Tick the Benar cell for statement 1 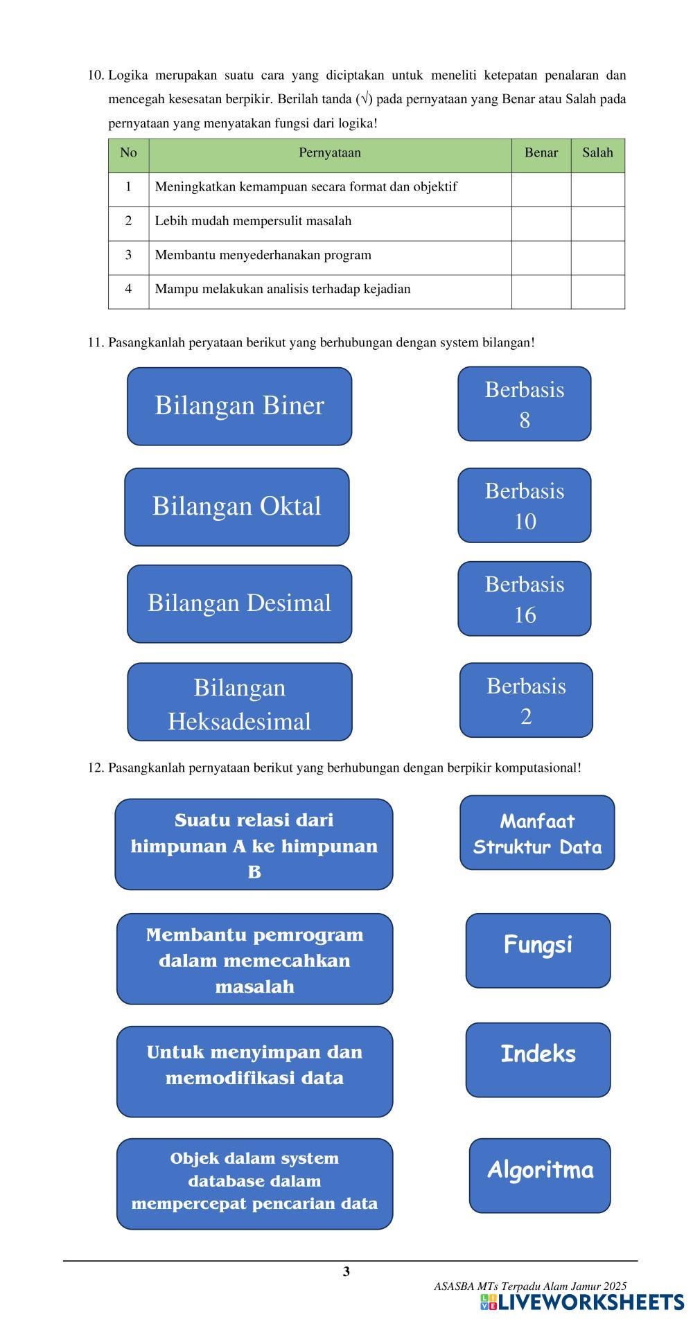click(541, 189)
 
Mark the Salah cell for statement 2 click(597, 224)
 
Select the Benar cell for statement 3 click(541, 258)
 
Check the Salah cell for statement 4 click(597, 292)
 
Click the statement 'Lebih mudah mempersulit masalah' click(253, 221)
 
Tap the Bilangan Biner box click(239, 406)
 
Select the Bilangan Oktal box click(237, 507)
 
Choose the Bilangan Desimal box click(239, 603)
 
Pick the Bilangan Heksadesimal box click(239, 702)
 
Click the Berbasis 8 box click(525, 404)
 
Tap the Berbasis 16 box click(525, 599)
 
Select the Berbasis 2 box click(526, 700)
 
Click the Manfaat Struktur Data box click(537, 833)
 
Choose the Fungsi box click(538, 950)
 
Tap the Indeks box click(538, 1060)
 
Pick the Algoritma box click(540, 1176)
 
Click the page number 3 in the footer click(346, 1271)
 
